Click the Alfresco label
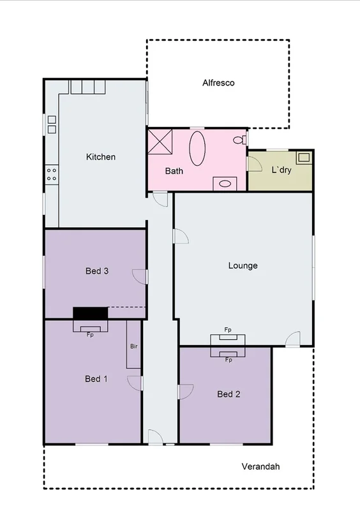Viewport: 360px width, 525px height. click(218, 83)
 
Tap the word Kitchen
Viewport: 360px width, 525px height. click(101, 157)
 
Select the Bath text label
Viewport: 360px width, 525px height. click(174, 171)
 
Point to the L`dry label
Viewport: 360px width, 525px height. click(281, 170)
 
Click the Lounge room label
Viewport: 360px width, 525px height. click(243, 265)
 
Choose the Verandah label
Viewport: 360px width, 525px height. click(260, 466)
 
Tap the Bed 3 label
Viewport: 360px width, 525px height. click(97, 270)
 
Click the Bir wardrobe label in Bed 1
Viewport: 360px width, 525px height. click(133, 346)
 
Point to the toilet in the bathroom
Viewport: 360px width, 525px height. click(239, 140)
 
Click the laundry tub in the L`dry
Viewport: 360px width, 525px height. click(303, 157)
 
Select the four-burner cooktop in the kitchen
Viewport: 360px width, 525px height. click(51, 175)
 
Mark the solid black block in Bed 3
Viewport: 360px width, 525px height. click(90, 313)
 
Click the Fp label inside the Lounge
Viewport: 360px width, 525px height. click(228, 330)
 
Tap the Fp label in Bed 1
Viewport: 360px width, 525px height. click(90, 334)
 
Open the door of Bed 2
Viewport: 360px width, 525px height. click(185, 391)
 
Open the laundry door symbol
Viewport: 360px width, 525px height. click(255, 164)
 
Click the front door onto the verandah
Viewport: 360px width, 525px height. click(155, 437)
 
